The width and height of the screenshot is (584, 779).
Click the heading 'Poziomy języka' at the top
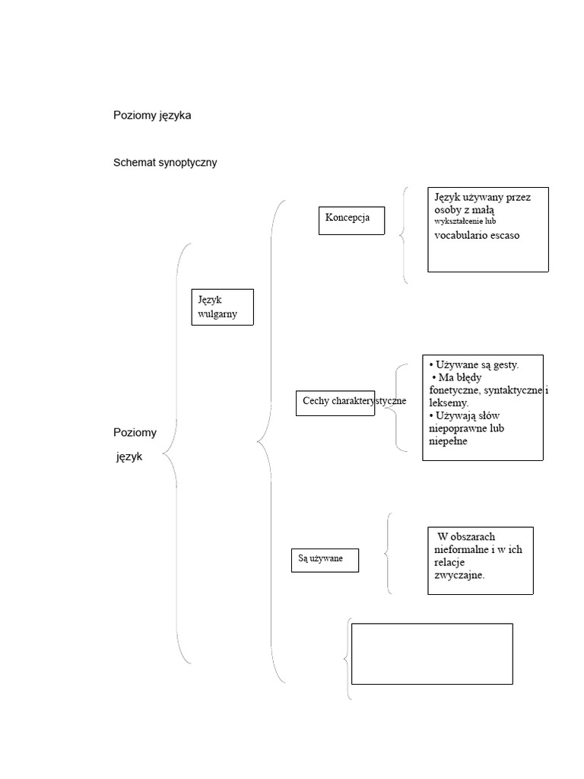click(x=152, y=116)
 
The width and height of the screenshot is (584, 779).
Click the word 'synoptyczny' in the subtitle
click(x=188, y=162)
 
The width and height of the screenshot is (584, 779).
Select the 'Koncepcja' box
click(x=351, y=219)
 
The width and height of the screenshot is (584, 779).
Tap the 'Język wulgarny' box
click(x=222, y=307)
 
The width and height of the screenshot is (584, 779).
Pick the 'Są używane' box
click(x=325, y=559)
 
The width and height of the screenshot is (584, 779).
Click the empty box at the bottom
click(x=431, y=653)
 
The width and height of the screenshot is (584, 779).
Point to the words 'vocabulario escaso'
click(x=478, y=235)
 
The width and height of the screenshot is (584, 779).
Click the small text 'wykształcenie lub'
click(x=465, y=221)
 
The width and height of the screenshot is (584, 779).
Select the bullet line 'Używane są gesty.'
click(x=474, y=365)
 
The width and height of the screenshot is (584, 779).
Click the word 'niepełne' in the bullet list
click(x=448, y=440)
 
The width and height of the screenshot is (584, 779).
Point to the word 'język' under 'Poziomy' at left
click(x=129, y=457)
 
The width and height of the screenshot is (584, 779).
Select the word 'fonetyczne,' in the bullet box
click(x=455, y=390)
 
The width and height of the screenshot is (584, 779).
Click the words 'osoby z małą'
click(x=465, y=209)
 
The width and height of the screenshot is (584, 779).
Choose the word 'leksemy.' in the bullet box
click(x=449, y=402)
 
